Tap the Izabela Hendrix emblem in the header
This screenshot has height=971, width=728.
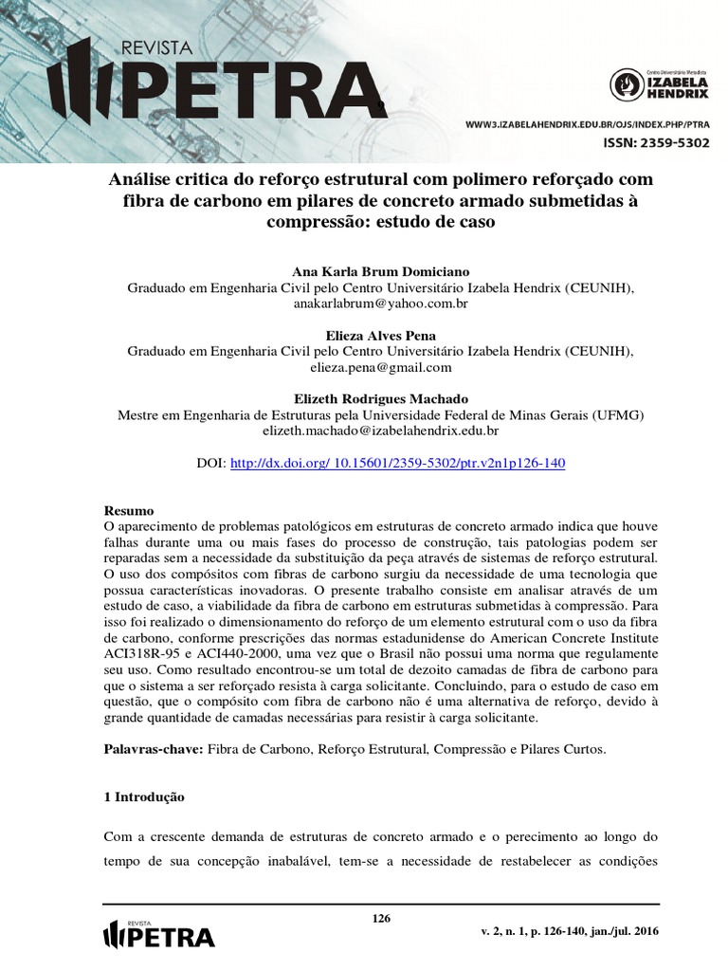click(626, 84)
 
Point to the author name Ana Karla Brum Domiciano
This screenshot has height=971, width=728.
click(380, 271)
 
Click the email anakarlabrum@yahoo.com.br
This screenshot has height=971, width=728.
click(380, 304)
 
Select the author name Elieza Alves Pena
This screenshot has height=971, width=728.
click(380, 335)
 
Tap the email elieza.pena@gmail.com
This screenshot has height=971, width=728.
click(380, 367)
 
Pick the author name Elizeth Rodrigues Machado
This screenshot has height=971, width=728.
click(380, 398)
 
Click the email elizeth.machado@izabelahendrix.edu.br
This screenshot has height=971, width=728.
click(380, 431)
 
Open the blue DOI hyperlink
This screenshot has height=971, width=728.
click(398, 463)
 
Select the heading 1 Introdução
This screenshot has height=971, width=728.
click(144, 797)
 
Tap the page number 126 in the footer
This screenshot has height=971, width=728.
click(381, 918)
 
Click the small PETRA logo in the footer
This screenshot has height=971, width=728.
click(157, 933)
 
